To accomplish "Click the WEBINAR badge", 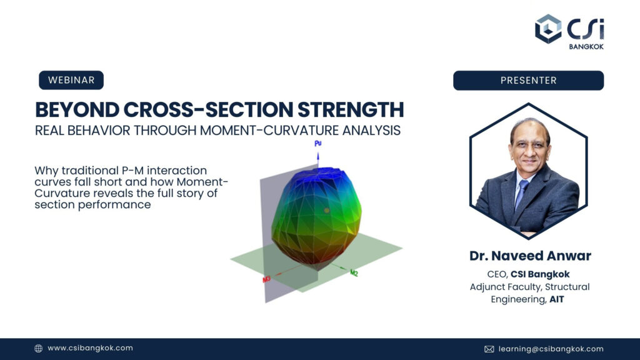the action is pyautogui.click(x=71, y=80).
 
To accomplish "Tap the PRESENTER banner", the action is pyautogui.click(x=528, y=81).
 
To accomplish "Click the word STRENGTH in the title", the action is pyautogui.click(x=351, y=109).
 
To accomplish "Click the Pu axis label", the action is pyautogui.click(x=318, y=143).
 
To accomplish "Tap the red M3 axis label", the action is pyautogui.click(x=266, y=279).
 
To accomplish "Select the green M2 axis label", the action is pyautogui.click(x=354, y=272).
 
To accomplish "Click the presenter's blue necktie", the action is pyautogui.click(x=521, y=194).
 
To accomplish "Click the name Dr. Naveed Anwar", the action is pyautogui.click(x=530, y=256).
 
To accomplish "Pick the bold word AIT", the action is pyautogui.click(x=556, y=299).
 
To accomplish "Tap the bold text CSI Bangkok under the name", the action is pyautogui.click(x=540, y=274).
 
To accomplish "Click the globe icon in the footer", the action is pyautogui.click(x=38, y=348).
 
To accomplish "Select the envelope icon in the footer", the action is pyautogui.click(x=489, y=349).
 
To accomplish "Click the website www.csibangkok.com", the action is pyautogui.click(x=90, y=347).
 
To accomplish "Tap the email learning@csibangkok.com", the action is pyautogui.click(x=551, y=349).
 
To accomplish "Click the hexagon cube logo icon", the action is pyautogui.click(x=548, y=29).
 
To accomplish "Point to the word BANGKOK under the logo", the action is pyautogui.click(x=586, y=46).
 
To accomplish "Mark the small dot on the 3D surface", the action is pyautogui.click(x=326, y=211).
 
